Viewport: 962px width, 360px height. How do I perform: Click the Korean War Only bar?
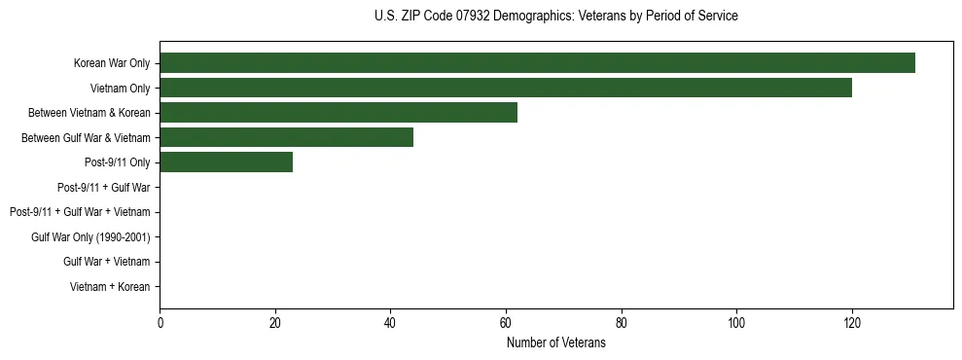pos(537,63)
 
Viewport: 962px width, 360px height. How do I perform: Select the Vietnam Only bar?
pos(506,88)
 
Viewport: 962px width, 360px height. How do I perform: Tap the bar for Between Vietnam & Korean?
pos(338,113)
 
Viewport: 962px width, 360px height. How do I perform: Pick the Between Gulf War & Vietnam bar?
pos(286,137)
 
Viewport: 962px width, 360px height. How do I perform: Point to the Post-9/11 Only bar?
pos(226,162)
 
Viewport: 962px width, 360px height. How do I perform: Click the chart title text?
pos(555,17)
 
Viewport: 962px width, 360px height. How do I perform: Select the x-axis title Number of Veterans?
pos(555,342)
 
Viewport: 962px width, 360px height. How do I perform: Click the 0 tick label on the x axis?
pos(160,322)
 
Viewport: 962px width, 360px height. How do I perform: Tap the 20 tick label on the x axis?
pos(275,322)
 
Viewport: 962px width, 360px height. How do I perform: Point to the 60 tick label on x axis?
pos(506,322)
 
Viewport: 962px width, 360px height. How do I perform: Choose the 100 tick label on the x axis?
pos(736,322)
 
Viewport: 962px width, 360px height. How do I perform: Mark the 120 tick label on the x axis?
pos(852,322)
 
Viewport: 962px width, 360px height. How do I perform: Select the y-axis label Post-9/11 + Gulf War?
pos(103,187)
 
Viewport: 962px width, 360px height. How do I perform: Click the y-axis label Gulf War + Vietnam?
pos(107,262)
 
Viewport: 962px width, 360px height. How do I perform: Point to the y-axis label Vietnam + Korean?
pos(110,286)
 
